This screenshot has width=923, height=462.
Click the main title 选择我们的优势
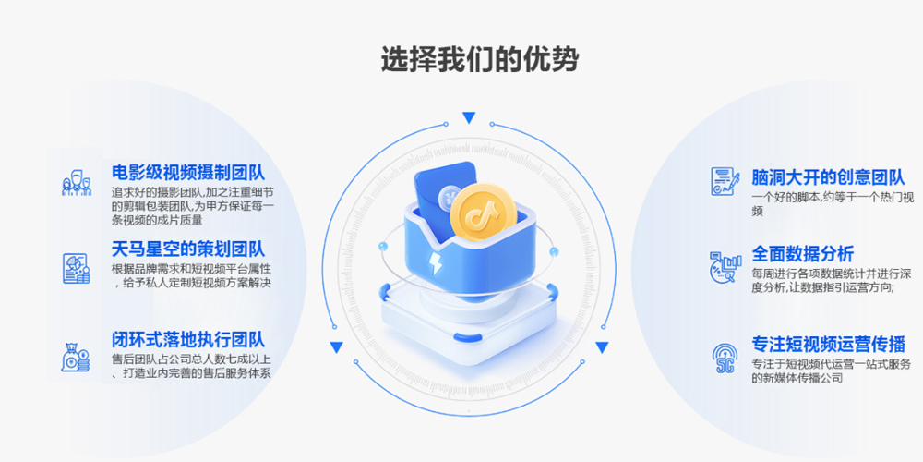click(480, 59)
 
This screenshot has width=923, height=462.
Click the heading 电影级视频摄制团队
click(188, 173)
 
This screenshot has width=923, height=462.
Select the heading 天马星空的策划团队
click(188, 249)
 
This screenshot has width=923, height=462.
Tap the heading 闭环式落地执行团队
click(188, 339)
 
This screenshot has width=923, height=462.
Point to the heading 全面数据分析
click(802, 253)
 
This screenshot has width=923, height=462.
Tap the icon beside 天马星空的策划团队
click(76, 267)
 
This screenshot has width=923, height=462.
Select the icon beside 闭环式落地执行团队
click(76, 357)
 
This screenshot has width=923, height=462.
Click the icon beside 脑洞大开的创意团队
click(723, 180)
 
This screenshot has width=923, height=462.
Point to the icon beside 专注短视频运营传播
click(723, 356)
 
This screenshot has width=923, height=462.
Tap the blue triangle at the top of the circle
click(469, 117)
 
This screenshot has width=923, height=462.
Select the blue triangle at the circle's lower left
click(337, 347)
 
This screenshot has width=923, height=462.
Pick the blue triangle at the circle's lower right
click(602, 347)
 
